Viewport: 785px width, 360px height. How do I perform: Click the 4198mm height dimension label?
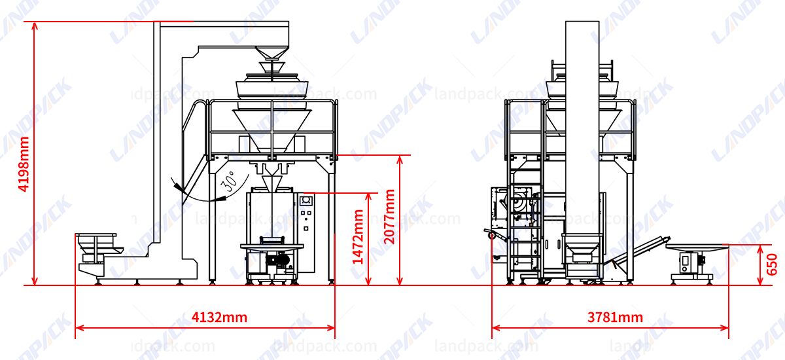point(24,164)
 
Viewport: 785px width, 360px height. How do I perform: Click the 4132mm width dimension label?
point(219,318)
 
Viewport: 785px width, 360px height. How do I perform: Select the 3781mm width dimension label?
point(614,318)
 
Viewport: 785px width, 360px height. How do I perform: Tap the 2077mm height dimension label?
point(390,216)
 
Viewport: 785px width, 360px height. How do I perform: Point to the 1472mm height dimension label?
point(358,236)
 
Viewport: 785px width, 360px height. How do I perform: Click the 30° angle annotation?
point(228,183)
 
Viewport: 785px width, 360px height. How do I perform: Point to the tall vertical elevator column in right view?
point(582,131)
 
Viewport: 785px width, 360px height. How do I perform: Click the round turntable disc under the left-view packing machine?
point(272,246)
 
